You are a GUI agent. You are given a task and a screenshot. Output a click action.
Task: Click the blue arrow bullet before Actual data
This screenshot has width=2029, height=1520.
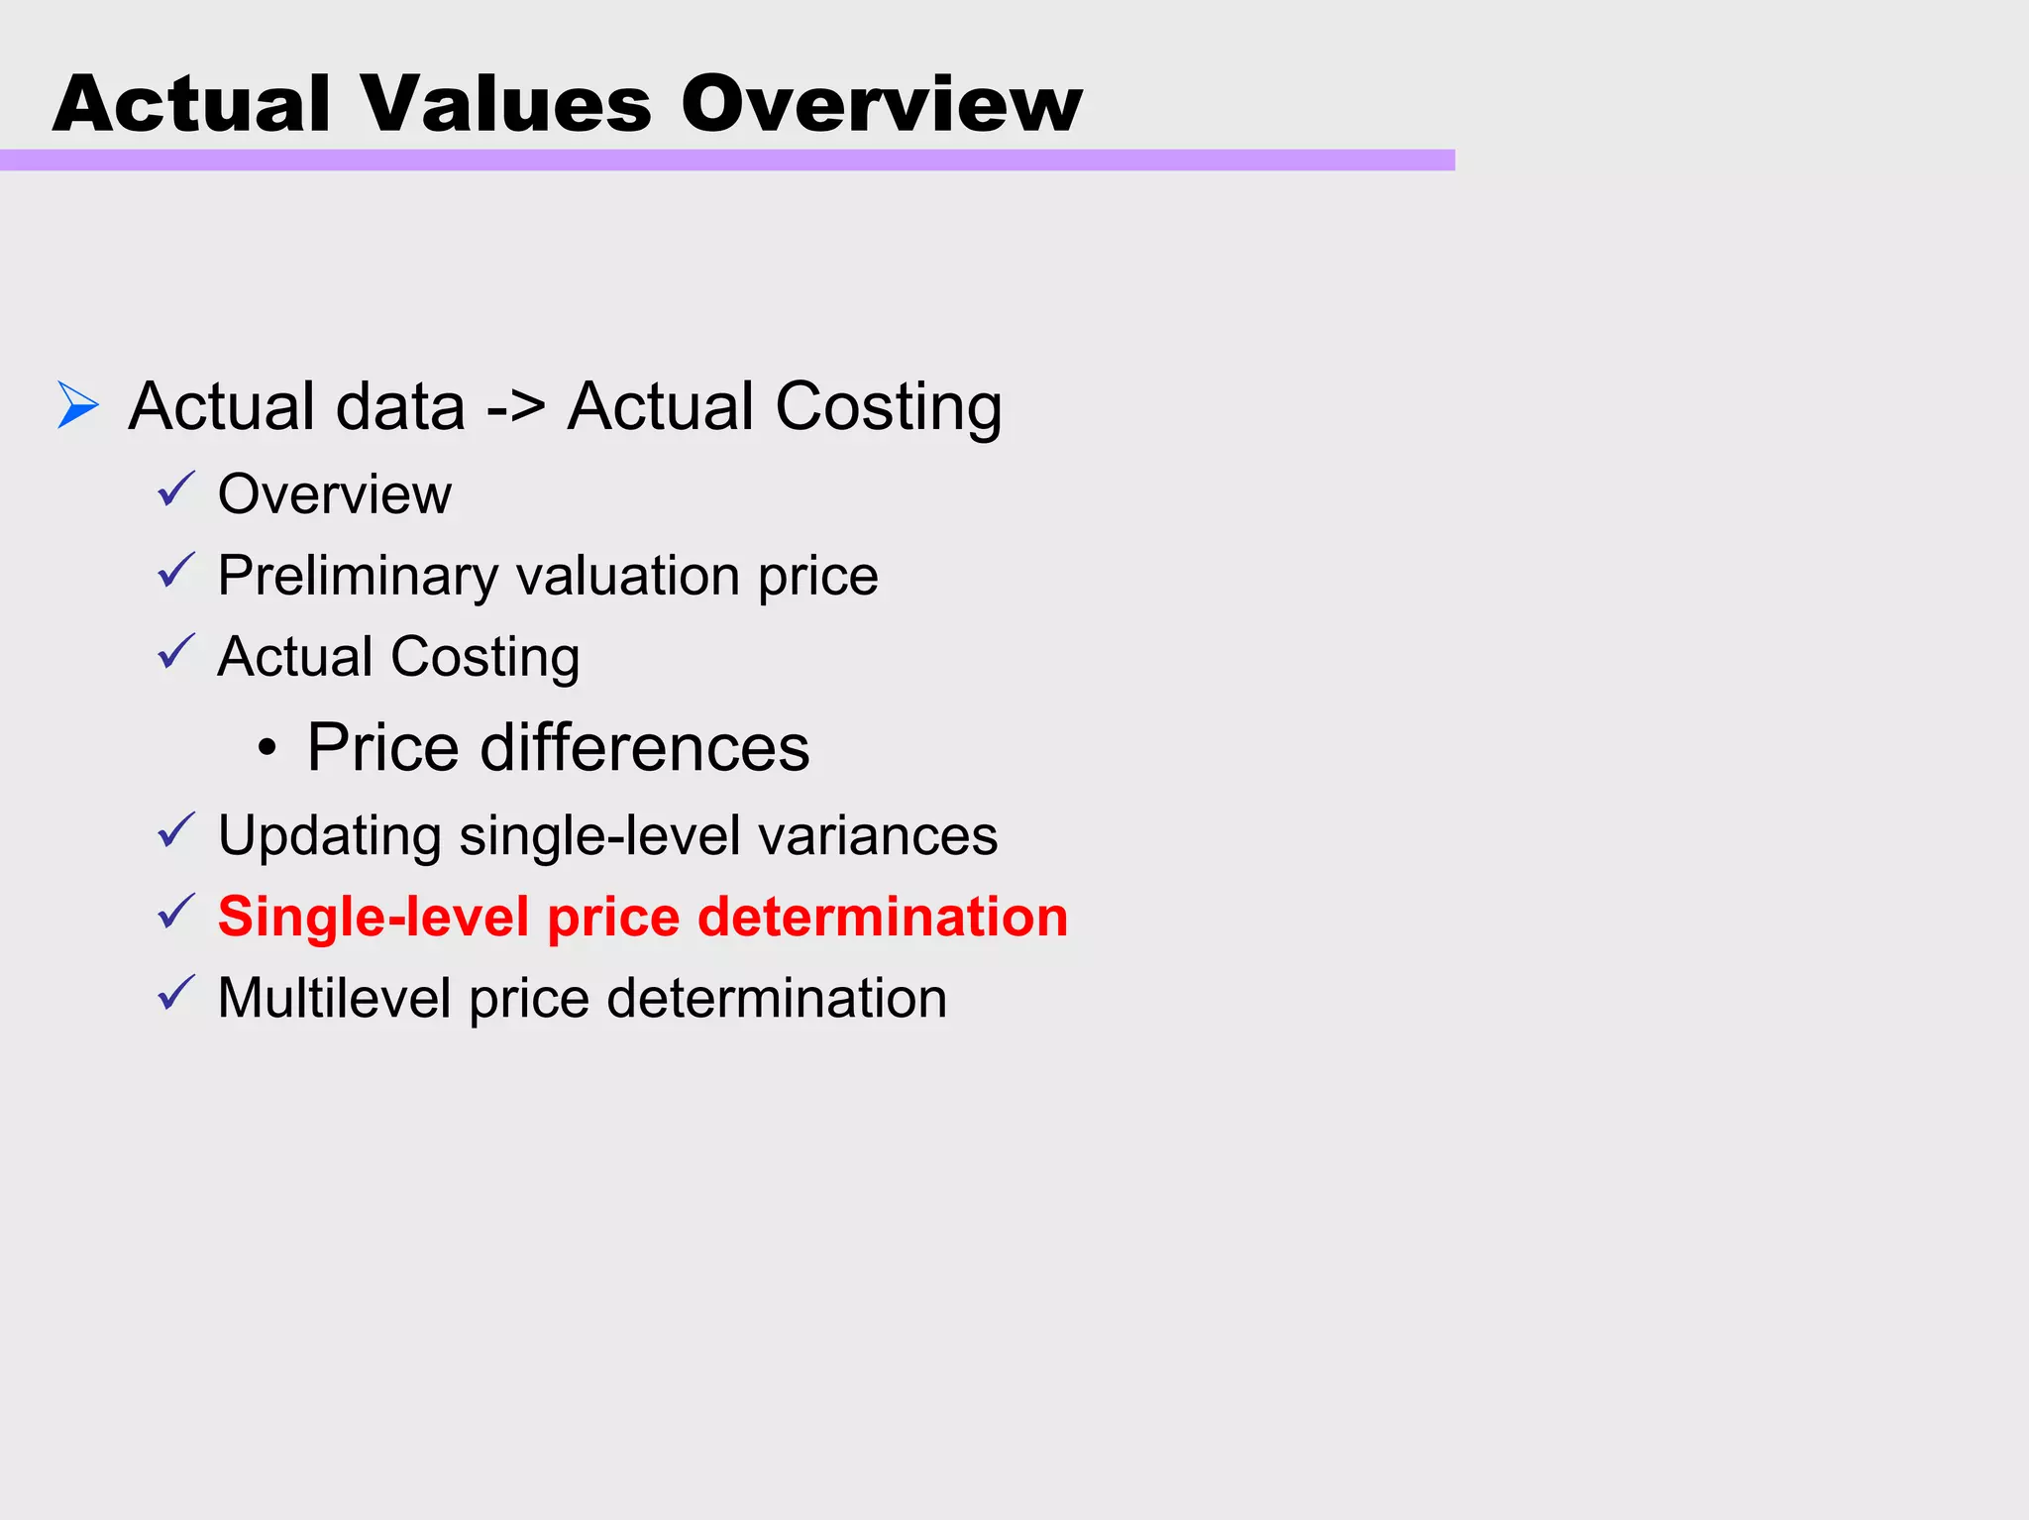pos(78,405)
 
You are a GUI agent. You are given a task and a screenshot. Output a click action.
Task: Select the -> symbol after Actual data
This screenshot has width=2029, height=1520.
pos(515,407)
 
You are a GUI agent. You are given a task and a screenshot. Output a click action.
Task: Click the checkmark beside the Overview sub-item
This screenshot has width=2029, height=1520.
pos(176,489)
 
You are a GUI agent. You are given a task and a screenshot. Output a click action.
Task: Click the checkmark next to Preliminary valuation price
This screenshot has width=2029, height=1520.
pos(176,571)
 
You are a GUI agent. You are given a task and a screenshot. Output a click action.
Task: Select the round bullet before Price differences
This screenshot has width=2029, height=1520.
pos(267,748)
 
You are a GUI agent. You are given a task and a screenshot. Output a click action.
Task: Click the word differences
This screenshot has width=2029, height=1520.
pos(645,747)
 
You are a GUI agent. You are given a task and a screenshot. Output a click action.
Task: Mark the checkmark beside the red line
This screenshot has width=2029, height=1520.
pos(176,912)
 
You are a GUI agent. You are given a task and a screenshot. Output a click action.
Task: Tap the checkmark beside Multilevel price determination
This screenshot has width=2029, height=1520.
pos(176,993)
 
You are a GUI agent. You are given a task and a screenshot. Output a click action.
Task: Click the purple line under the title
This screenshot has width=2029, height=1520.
pos(727,161)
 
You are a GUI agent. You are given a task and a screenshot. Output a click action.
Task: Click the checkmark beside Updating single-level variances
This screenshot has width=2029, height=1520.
pos(176,830)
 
